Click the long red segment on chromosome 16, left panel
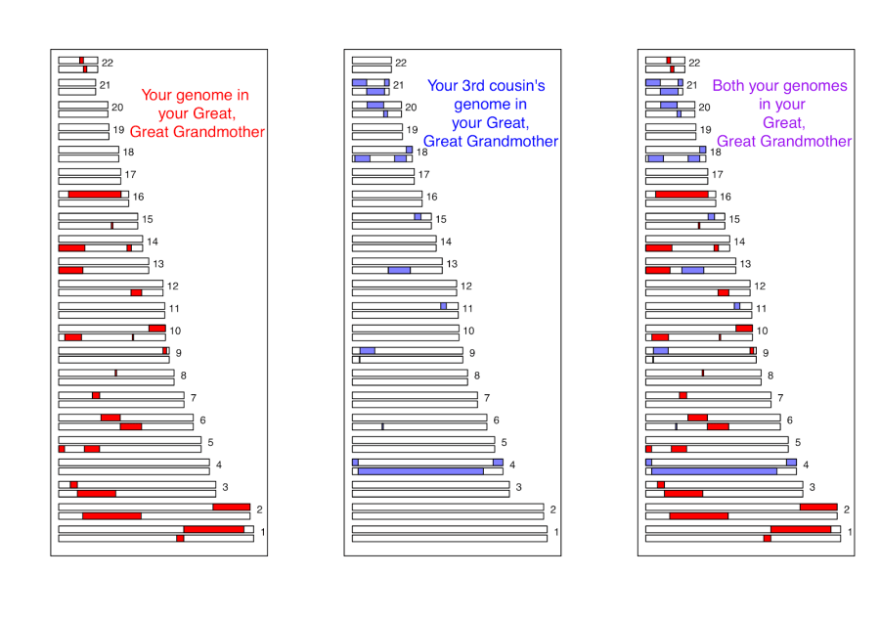click(x=95, y=195)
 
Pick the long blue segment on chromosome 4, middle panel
click(x=420, y=471)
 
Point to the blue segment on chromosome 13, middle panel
click(x=399, y=270)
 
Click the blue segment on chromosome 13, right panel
click(x=692, y=270)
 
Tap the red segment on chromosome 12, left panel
click(x=136, y=292)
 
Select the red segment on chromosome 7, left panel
click(x=96, y=395)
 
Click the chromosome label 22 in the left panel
click(x=108, y=63)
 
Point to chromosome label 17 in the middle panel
click(x=424, y=175)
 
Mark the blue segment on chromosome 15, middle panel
click(x=418, y=217)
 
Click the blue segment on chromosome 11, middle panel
click(x=443, y=306)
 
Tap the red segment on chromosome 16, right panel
click(x=682, y=195)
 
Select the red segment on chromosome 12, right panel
click(x=723, y=292)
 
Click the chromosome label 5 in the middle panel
click(x=505, y=443)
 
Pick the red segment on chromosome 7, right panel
click(x=682, y=395)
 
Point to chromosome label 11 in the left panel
click(x=174, y=308)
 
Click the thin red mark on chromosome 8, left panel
click(x=115, y=373)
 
